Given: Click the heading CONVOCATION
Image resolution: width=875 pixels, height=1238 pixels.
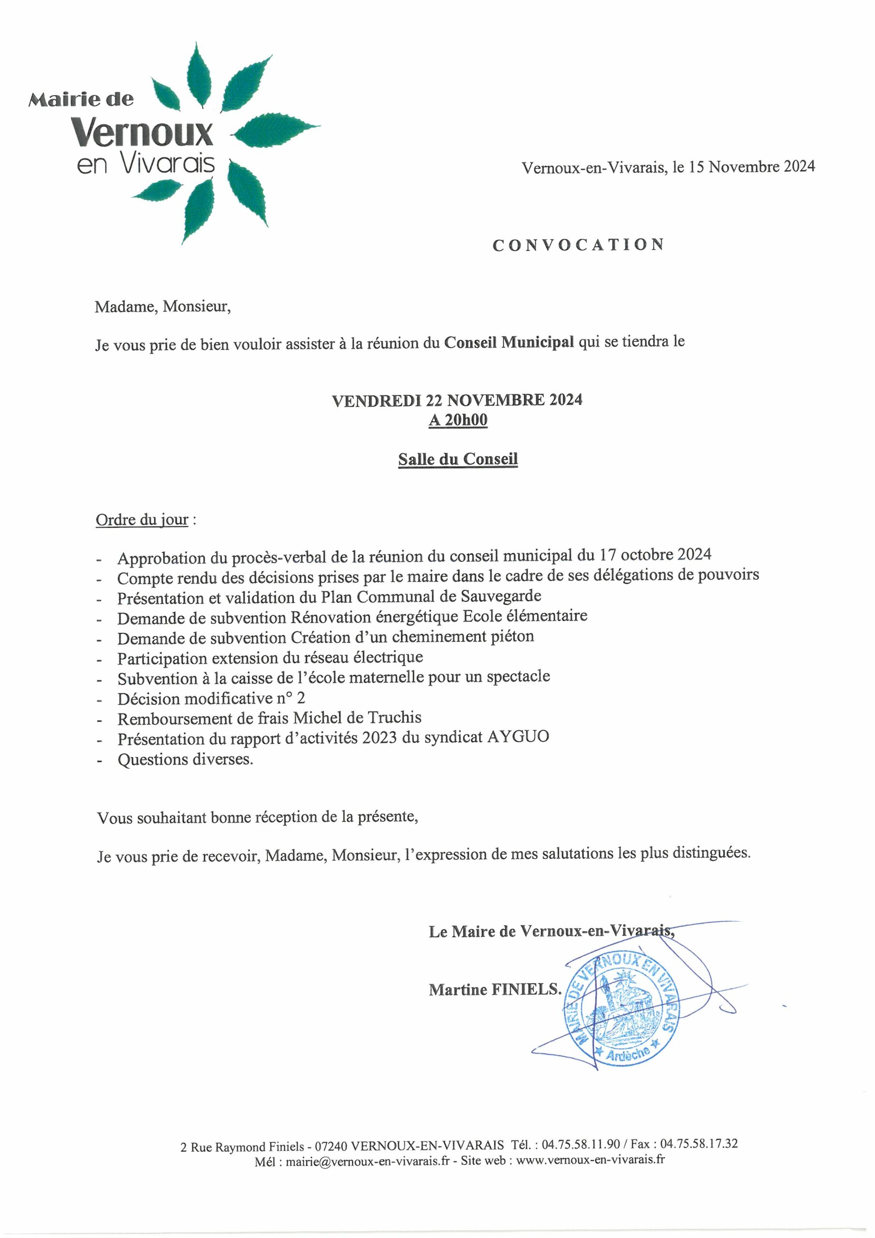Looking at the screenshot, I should point(578,245).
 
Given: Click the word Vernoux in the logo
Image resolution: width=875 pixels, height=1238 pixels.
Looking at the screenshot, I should point(144,132).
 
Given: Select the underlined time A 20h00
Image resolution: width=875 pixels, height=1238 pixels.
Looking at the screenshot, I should point(458,420).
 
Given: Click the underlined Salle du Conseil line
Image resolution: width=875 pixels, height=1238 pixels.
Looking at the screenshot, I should point(458,459).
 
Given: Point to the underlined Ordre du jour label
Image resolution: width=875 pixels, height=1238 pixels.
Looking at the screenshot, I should point(142,520).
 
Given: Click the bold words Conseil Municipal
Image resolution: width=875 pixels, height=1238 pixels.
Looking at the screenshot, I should point(509,342).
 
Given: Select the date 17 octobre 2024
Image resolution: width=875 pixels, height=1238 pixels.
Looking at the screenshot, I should point(655,554).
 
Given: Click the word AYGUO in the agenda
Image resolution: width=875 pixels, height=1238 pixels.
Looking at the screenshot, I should point(518,737).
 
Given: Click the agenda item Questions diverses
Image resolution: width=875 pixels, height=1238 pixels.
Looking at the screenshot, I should point(185,760).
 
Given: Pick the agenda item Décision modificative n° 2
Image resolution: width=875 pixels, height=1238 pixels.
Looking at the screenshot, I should point(211,698).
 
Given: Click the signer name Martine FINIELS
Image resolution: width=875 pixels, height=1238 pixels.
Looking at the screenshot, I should point(495,989).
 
